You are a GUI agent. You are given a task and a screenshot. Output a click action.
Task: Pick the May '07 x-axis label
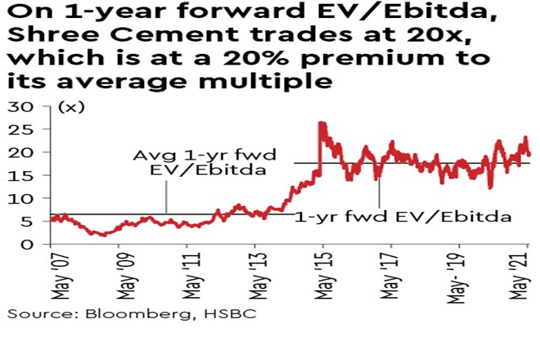(x=52, y=274)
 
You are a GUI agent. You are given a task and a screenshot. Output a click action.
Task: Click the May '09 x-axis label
(x=119, y=274)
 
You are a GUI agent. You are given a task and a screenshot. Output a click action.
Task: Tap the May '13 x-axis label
(x=256, y=274)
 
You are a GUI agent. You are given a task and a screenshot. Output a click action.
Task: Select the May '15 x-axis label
(x=324, y=274)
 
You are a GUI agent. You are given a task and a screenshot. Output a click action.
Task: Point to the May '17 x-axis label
(x=392, y=274)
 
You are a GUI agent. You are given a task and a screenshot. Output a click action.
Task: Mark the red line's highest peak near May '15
(x=321, y=124)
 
